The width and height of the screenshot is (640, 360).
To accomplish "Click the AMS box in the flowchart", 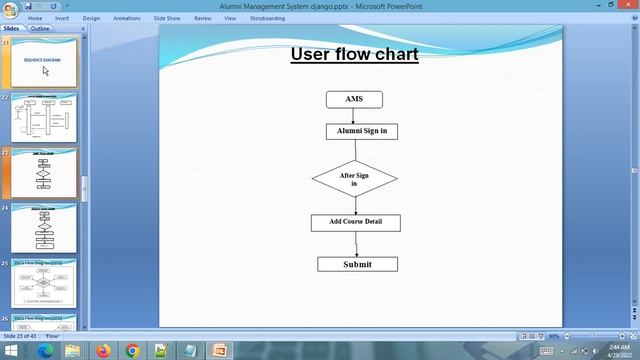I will tap(354, 100).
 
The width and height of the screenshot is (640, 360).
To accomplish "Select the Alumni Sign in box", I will tap(361, 131).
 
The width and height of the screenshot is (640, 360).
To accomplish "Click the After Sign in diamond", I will tap(354, 179).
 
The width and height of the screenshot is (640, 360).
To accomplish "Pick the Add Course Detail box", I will tap(355, 222).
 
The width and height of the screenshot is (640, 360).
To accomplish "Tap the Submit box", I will tap(357, 264).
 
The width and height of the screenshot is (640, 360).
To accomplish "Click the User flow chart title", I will tap(354, 54).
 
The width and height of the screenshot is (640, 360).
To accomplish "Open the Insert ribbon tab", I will tap(62, 18).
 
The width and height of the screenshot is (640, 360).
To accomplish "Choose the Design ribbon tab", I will tap(91, 18).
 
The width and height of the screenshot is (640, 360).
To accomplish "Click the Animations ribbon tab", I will tap(127, 18).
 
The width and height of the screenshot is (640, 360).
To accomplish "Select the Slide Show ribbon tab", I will tap(167, 18).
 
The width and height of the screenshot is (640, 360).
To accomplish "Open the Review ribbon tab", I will tap(203, 18).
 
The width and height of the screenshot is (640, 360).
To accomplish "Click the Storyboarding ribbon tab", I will tap(267, 18).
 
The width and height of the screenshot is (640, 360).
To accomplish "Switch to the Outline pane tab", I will tap(40, 29).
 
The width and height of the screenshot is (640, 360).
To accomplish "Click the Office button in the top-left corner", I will tap(9, 9).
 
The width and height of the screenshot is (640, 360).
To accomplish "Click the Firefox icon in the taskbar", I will tap(102, 350).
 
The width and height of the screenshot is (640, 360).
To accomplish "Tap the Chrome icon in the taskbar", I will tap(132, 350).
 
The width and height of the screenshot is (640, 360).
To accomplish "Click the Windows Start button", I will tap(12, 350).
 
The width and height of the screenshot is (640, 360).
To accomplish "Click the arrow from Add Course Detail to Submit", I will tap(356, 243).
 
